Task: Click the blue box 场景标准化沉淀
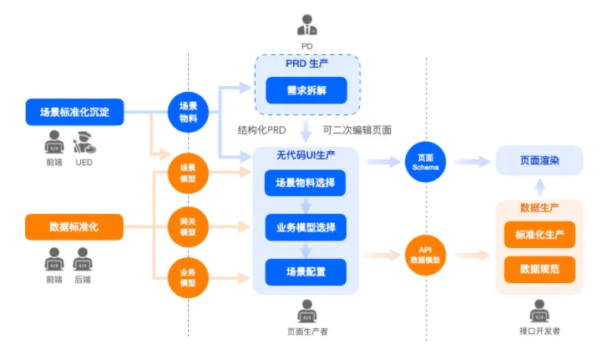(x=74, y=111)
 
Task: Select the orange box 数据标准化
(x=74, y=226)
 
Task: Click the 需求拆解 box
(x=306, y=89)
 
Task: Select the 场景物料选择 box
(x=306, y=182)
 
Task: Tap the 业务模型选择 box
(x=306, y=226)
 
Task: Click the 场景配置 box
(x=306, y=271)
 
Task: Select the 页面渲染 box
(x=539, y=160)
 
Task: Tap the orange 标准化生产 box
(x=539, y=235)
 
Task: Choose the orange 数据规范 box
(x=539, y=270)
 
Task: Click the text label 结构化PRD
(x=263, y=130)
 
